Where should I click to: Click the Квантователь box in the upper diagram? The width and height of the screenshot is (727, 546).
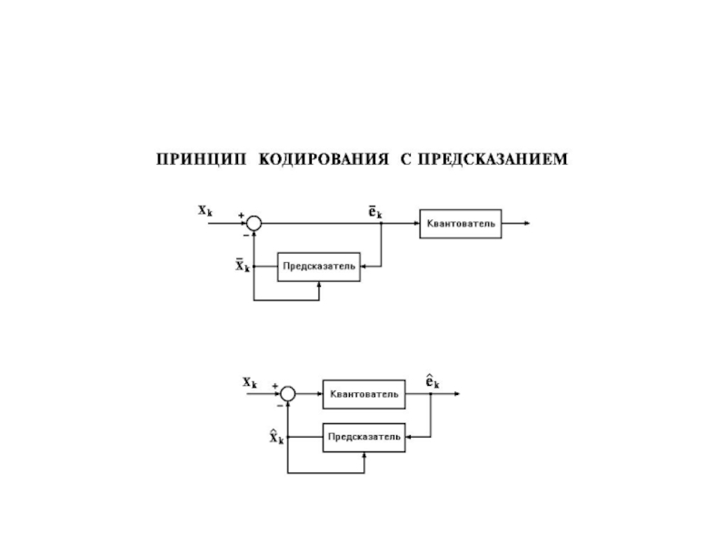click(x=460, y=224)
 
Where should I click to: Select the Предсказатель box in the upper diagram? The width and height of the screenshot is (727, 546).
click(x=318, y=267)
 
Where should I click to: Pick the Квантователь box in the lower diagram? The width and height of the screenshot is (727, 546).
click(x=363, y=394)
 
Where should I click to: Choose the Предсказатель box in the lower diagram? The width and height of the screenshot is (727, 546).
click(x=363, y=437)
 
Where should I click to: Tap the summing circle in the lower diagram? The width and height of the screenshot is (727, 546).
click(x=287, y=394)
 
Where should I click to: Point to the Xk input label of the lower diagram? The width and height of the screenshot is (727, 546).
click(x=250, y=382)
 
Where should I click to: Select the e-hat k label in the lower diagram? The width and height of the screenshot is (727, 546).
click(x=433, y=381)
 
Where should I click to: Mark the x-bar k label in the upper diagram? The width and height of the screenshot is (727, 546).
click(x=242, y=266)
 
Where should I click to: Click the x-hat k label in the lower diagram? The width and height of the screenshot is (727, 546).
click(x=276, y=438)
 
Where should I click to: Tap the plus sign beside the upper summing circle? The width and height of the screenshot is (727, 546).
click(x=241, y=216)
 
